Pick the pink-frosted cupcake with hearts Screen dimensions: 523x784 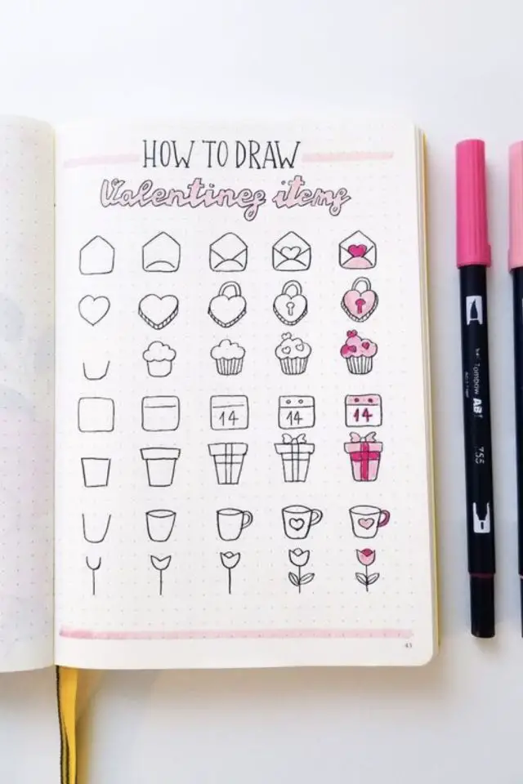[x=359, y=352]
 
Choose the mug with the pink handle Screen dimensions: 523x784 [x=369, y=522]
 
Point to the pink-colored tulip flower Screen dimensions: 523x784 [x=367, y=569]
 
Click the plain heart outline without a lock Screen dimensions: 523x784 [x=95, y=310]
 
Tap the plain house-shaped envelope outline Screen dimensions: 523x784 [x=96, y=256]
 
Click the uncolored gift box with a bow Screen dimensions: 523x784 [x=294, y=458]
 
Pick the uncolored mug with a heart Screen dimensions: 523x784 [x=301, y=523]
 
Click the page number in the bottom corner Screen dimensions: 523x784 [x=409, y=644]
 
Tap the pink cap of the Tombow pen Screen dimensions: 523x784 [x=472, y=203]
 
